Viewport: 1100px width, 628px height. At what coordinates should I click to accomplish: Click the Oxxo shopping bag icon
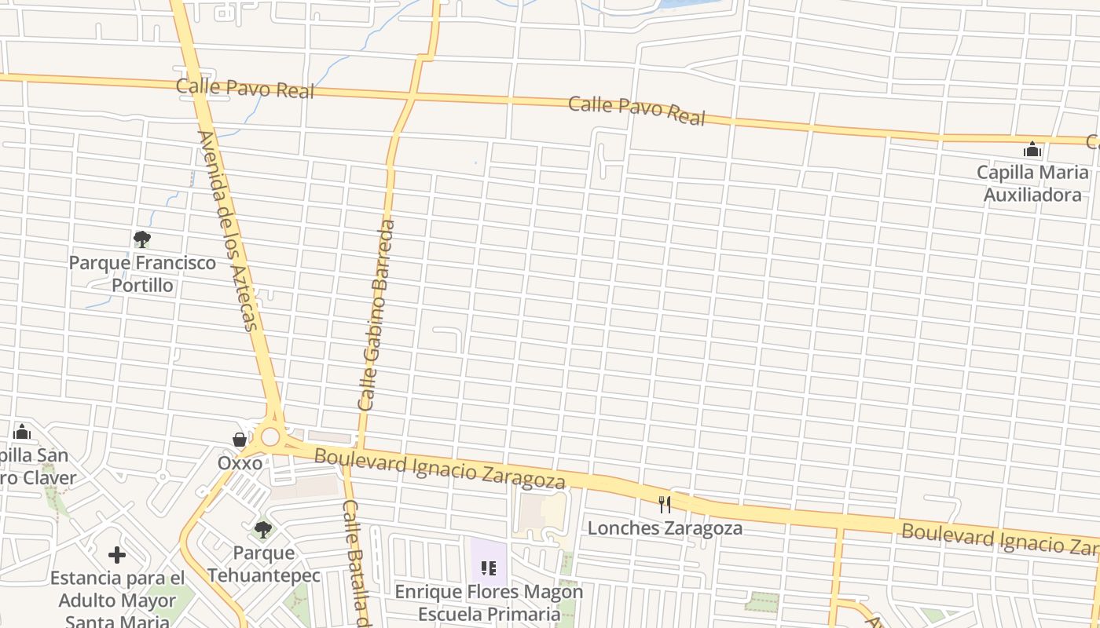point(240,440)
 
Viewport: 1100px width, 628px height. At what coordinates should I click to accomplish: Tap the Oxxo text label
point(240,463)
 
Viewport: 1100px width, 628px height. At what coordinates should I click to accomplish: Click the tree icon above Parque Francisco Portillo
point(142,239)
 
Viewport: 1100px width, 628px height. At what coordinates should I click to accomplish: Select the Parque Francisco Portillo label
point(142,273)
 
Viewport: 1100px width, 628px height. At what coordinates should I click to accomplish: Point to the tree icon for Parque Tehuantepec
point(263,530)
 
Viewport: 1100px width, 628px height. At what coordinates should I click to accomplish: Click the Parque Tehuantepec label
point(264,564)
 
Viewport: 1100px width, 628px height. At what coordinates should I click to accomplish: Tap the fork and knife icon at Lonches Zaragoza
point(665,504)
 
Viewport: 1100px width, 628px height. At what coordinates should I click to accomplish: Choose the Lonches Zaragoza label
point(665,528)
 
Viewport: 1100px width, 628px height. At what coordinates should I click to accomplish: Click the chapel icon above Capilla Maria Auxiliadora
point(1032,149)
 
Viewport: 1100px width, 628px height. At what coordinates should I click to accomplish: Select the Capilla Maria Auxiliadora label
point(1032,183)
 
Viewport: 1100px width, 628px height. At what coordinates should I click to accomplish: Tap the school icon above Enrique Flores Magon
point(489,568)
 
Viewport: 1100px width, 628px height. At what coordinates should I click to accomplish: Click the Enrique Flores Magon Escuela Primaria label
point(489,602)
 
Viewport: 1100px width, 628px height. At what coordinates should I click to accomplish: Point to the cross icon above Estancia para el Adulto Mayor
point(117,556)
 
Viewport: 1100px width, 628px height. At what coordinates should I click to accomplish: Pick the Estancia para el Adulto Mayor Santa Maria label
point(117,601)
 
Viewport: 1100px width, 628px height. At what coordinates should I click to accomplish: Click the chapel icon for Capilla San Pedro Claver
point(22,432)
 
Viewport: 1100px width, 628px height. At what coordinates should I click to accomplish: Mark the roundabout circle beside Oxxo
point(271,436)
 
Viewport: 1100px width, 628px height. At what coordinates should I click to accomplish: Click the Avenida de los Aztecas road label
point(228,231)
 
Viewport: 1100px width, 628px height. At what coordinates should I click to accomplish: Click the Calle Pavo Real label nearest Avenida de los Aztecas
point(245,88)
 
